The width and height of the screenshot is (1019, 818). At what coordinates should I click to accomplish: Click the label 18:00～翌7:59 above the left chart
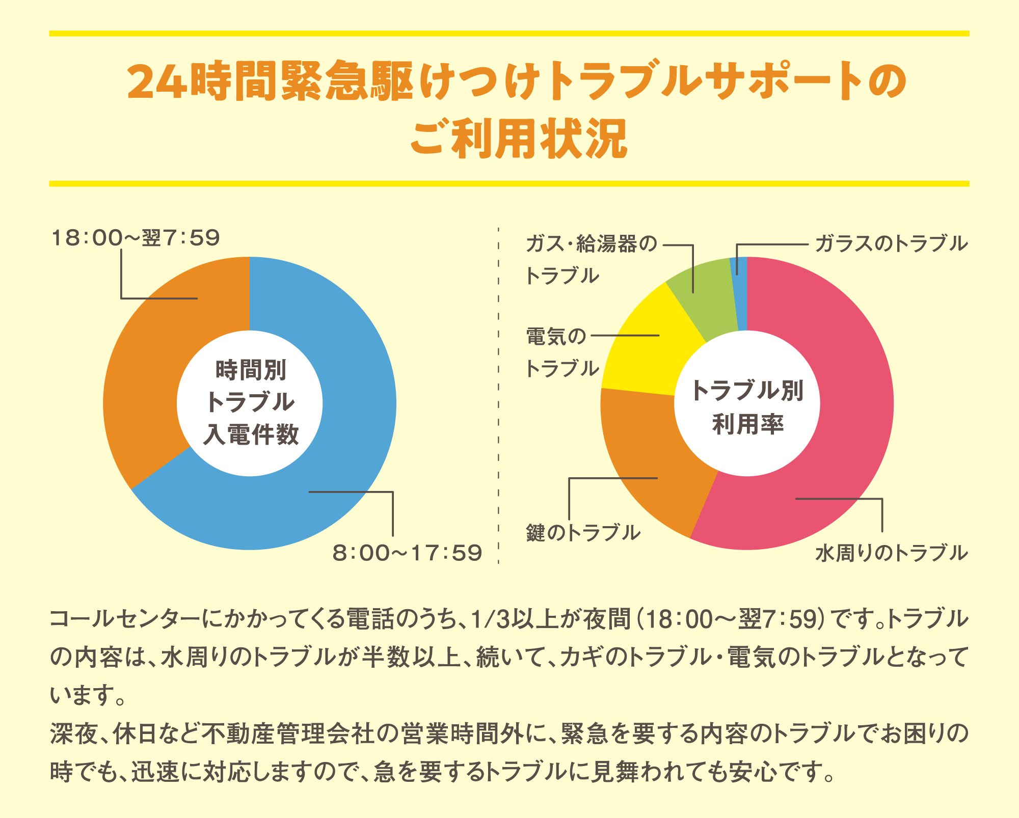[x=136, y=238]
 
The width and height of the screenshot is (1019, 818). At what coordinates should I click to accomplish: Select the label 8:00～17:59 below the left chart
[x=407, y=553]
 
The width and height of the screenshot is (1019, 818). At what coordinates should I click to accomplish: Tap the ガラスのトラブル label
[x=891, y=243]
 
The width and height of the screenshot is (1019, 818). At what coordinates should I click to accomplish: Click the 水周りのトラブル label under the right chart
[x=891, y=553]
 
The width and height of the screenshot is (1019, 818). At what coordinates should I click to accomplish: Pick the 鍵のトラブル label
[x=583, y=533]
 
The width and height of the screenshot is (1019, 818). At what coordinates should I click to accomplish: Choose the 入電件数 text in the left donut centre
[x=251, y=434]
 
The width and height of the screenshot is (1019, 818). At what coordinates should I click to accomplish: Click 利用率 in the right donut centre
[x=747, y=424]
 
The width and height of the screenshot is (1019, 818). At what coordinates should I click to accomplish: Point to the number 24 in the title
[x=156, y=82]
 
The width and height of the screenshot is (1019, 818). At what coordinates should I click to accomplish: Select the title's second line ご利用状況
[x=519, y=139]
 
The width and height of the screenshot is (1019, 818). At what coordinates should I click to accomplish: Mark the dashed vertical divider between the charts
[x=498, y=397]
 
